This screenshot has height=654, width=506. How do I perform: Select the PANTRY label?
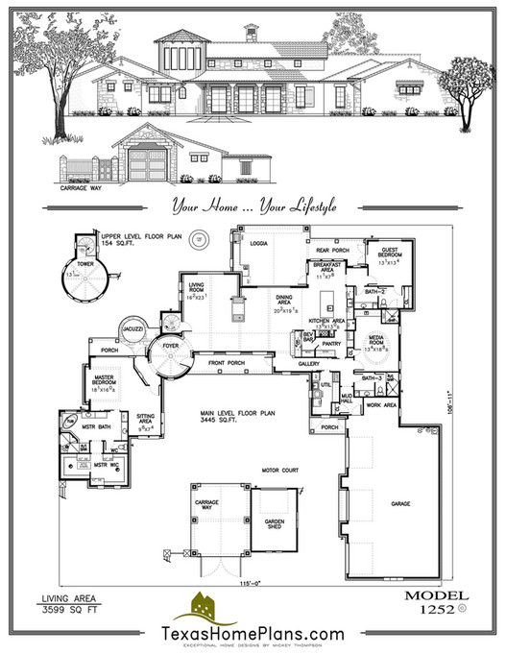click(x=332, y=342)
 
